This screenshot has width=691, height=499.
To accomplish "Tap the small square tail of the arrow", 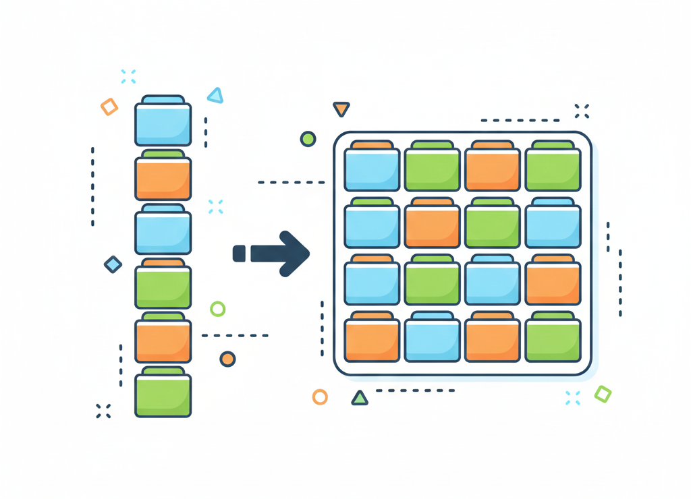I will [239, 254].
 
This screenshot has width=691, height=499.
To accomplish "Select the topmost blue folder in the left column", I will [163, 122].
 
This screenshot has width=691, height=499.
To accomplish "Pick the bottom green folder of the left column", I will [163, 394].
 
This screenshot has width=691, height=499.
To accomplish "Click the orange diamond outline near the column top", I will [109, 107].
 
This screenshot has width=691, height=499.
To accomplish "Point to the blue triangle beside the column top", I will [215, 96].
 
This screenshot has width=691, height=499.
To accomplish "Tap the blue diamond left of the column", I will [113, 264].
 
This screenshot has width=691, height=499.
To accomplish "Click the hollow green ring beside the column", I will [217, 309].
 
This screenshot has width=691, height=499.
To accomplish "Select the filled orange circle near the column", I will [227, 359].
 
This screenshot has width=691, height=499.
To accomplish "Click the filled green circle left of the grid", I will [308, 139].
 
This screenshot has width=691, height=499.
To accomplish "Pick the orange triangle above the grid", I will [341, 109].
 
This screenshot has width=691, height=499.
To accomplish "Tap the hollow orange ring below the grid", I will [320, 397].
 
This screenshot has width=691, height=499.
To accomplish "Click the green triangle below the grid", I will [360, 398].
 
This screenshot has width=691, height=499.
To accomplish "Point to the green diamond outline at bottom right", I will [603, 394].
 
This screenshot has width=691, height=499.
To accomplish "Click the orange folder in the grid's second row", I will [432, 225].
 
